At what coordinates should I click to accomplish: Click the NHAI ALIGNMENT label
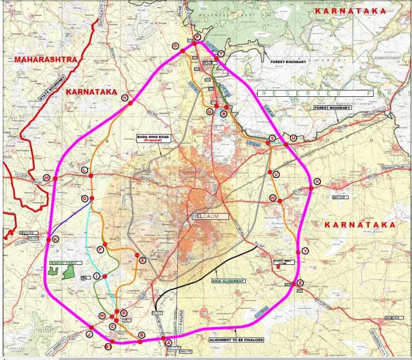[x=228, y=281]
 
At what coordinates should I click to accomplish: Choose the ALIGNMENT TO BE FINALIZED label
[x=236, y=339]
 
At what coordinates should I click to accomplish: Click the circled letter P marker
[x=196, y=38]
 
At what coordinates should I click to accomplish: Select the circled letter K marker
[x=56, y=239]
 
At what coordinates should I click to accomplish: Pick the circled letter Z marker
[x=300, y=283]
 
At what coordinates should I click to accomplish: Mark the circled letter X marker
[x=317, y=181]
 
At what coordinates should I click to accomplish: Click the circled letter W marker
[x=272, y=198]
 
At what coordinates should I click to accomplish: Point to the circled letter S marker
[x=272, y=138]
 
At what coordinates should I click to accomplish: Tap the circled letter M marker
[x=47, y=178]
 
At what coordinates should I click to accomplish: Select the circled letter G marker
[x=85, y=199]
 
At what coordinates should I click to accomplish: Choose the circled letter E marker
[x=143, y=260]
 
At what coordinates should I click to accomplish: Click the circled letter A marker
[x=168, y=343]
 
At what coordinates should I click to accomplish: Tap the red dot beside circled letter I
[x=105, y=276]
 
